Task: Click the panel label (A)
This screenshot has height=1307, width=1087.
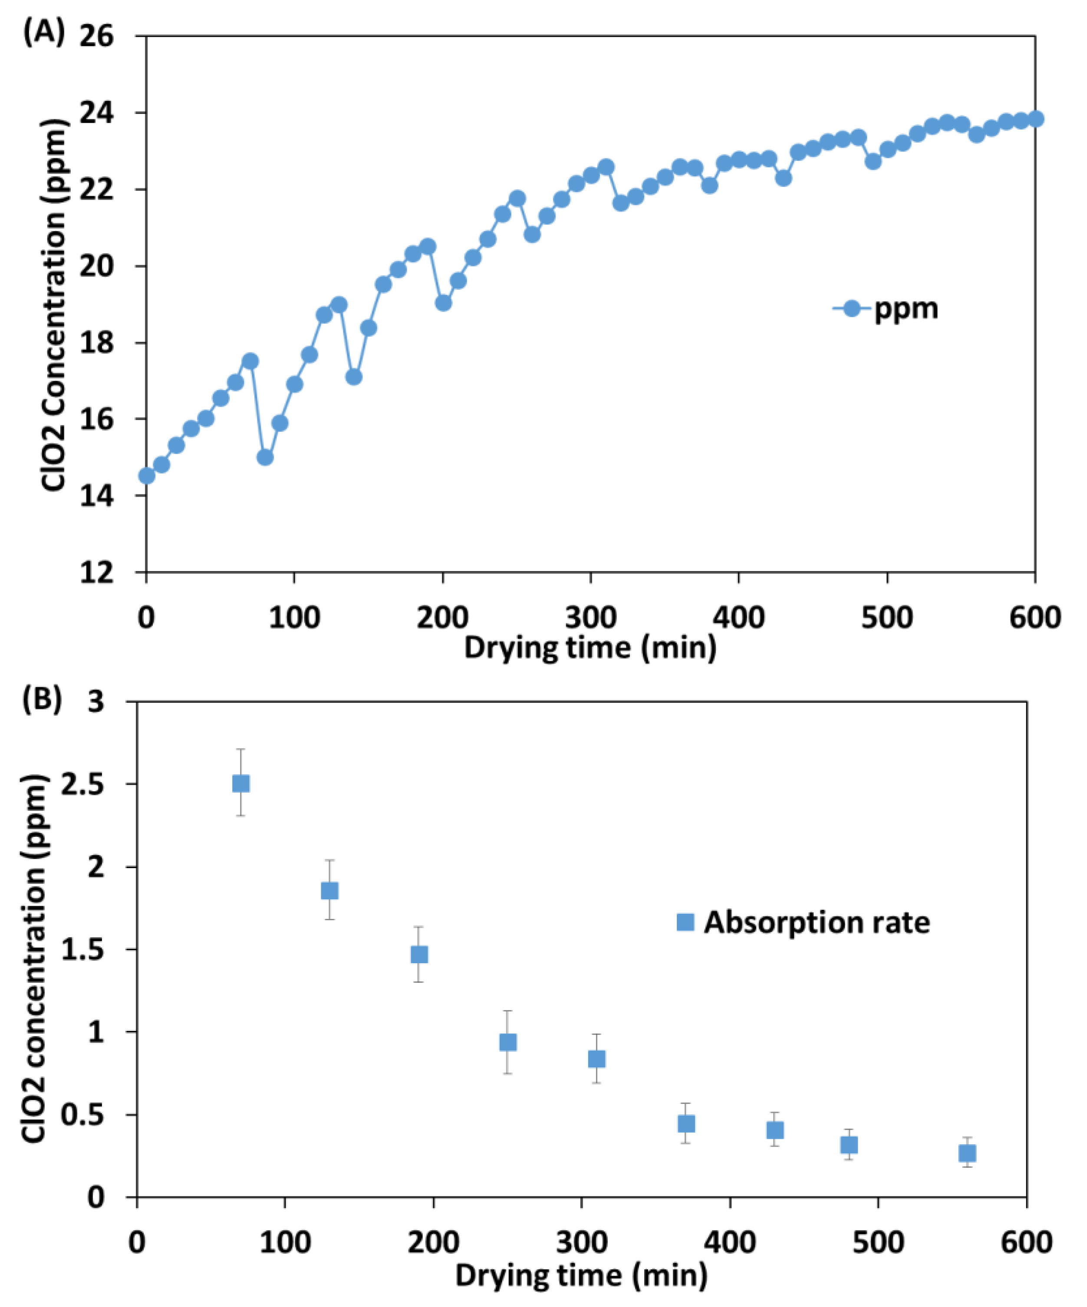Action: click(x=43, y=33)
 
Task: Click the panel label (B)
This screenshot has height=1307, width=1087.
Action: click(x=43, y=699)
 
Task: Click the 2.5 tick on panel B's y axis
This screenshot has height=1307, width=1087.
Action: click(x=81, y=784)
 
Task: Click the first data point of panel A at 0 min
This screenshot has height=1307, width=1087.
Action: click(x=146, y=475)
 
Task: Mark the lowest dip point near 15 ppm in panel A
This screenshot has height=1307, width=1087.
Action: click(x=265, y=457)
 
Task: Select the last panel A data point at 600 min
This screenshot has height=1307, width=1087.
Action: click(x=1035, y=119)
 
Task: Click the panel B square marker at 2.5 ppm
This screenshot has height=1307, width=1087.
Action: click(x=241, y=784)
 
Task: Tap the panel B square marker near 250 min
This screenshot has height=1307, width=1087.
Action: click(x=508, y=1043)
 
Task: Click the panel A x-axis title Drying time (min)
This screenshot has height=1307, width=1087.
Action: click(x=590, y=649)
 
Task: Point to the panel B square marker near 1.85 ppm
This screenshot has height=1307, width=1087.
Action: click(x=330, y=891)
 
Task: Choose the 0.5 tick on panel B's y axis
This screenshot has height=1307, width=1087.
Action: click(x=81, y=1115)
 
